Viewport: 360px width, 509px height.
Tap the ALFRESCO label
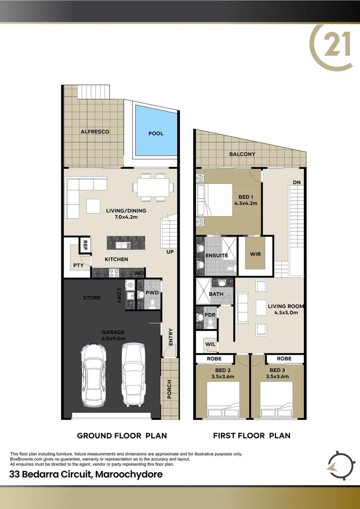(95, 131)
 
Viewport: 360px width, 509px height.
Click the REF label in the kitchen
(85, 245)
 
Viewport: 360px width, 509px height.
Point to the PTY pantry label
(78, 266)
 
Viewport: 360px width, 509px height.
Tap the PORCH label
(169, 388)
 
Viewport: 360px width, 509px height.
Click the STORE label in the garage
(91, 298)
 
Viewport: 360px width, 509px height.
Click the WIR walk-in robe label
(255, 254)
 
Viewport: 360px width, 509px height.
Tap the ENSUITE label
(217, 255)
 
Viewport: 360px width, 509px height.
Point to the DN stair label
(296, 182)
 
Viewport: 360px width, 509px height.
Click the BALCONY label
(242, 154)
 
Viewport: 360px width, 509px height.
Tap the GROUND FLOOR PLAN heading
(122, 435)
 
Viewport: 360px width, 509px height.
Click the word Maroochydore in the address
(129, 474)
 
